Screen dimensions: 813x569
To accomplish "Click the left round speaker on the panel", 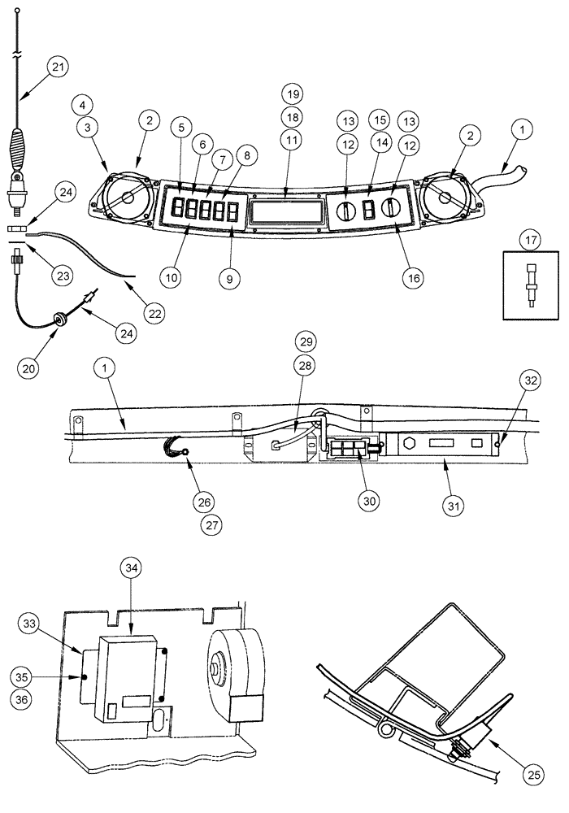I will click(126, 198).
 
